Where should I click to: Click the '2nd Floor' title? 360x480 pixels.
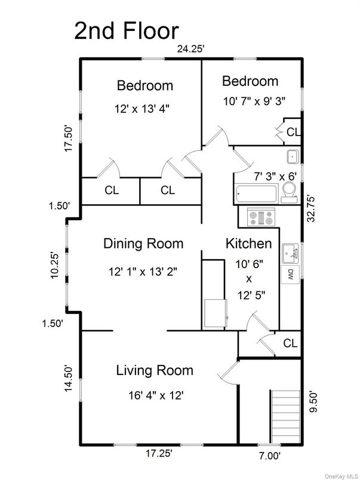pyautogui.click(x=126, y=31)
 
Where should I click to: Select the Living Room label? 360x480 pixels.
pyautogui.click(x=154, y=371)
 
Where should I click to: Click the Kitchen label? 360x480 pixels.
pyautogui.click(x=248, y=244)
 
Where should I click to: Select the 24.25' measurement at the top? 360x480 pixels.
pyautogui.click(x=191, y=50)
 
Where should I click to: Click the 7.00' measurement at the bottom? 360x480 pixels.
pyautogui.click(x=269, y=455)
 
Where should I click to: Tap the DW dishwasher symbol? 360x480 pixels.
pyautogui.click(x=290, y=275)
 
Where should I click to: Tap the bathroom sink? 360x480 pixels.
pyautogui.click(x=292, y=157)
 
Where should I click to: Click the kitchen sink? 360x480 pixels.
pyautogui.click(x=290, y=254)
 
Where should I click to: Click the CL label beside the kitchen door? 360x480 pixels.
pyautogui.click(x=290, y=343)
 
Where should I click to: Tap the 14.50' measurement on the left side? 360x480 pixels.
pyautogui.click(x=69, y=379)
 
